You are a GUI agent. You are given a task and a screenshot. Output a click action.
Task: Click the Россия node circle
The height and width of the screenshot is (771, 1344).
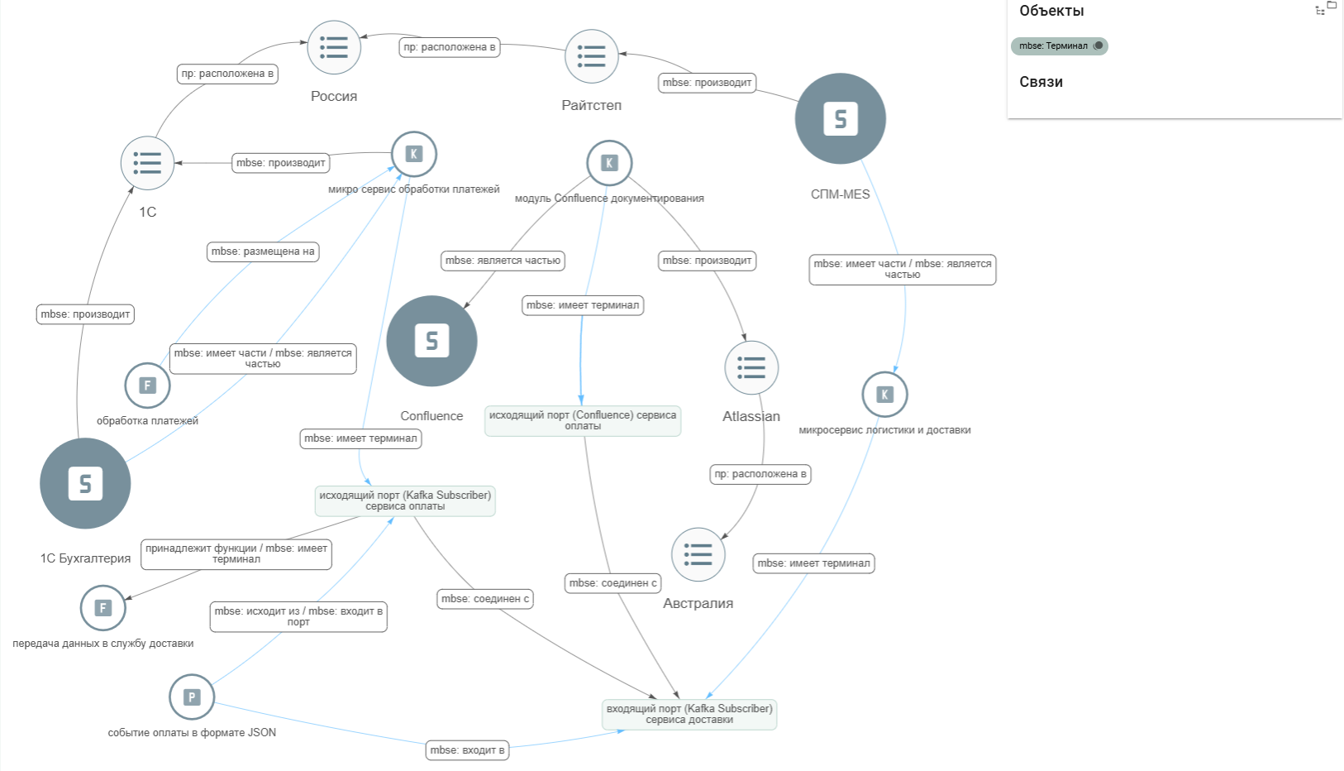(334, 47)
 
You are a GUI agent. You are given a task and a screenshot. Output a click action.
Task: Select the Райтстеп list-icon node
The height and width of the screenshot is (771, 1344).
(592, 56)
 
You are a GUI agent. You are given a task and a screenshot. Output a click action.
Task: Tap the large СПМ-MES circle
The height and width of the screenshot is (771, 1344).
(840, 119)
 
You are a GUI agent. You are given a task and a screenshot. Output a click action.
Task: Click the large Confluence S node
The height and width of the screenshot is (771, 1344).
(431, 341)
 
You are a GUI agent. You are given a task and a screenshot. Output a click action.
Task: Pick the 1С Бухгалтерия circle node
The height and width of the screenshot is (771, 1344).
(85, 483)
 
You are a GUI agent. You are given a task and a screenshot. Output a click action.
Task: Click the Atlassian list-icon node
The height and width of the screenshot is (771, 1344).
(751, 367)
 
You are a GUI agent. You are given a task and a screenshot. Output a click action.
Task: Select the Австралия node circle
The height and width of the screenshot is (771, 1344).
(698, 554)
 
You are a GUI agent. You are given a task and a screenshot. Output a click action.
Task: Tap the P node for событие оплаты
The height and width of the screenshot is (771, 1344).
(192, 697)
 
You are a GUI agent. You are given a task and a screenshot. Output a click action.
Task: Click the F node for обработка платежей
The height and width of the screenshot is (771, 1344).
(148, 385)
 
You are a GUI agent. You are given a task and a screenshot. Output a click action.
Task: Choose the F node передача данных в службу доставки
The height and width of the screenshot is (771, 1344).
(102, 608)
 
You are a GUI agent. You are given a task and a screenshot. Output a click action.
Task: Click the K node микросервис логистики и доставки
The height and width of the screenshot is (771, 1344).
(884, 395)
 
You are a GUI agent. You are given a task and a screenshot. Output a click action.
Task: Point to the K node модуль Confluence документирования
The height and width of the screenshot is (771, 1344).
(609, 163)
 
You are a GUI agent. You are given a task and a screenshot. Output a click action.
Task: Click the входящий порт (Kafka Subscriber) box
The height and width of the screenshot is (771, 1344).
(689, 715)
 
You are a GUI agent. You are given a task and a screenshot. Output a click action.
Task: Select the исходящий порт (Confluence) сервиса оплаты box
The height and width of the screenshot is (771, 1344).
(583, 420)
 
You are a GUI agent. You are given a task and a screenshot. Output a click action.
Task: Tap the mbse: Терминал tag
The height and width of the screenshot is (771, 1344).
(1059, 45)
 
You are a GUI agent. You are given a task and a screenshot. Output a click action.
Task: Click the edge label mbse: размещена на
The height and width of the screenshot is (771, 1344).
(263, 251)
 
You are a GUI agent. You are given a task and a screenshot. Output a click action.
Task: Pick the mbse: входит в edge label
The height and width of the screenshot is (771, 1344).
(467, 750)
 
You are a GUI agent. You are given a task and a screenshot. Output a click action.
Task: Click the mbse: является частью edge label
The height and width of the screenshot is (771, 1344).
(503, 261)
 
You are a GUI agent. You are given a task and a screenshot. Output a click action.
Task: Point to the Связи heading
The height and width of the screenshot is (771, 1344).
(1041, 82)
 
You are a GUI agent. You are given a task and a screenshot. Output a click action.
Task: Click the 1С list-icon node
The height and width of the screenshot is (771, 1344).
(148, 163)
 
